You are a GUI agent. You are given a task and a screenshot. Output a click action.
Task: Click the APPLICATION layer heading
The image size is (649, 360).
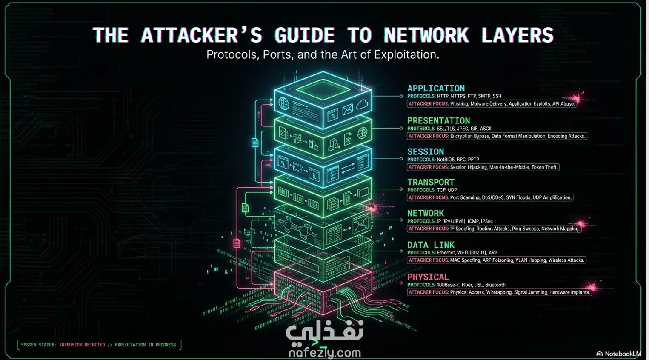click(436, 88)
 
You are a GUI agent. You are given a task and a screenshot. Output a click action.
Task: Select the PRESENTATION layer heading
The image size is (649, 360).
click(438, 120)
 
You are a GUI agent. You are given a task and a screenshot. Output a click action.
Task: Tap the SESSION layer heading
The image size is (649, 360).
click(426, 151)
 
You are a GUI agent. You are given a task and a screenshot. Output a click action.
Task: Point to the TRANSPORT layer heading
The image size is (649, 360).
click(431, 182)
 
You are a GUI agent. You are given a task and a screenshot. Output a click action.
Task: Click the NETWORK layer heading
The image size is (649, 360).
click(426, 213)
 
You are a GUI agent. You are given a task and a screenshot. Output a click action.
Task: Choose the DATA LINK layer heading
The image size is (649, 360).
click(431, 245)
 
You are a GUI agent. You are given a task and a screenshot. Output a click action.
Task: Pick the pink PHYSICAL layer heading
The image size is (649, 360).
click(428, 277)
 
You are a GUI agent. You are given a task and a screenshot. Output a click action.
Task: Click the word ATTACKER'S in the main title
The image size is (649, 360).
click(202, 35)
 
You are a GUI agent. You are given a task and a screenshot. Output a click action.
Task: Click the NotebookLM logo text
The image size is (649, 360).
click(622, 354)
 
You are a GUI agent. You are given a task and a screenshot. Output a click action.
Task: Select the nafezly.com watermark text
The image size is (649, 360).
click(324, 352)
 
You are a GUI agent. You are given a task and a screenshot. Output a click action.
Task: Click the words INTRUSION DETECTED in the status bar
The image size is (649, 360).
click(82, 345)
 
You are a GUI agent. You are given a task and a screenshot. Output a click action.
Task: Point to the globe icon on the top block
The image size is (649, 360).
click(284, 103)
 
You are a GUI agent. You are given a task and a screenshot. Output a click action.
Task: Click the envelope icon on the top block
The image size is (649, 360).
click(348, 110)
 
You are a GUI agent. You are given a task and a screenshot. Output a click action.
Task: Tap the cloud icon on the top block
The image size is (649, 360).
click(362, 104)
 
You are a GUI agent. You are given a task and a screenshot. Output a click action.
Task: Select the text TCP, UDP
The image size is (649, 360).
click(446, 190)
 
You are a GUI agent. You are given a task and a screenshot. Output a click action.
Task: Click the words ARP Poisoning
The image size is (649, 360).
click(497, 260)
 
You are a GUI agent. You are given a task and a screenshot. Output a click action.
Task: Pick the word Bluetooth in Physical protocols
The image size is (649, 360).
click(495, 285)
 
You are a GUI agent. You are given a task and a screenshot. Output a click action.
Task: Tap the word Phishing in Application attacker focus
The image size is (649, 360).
click(459, 104)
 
